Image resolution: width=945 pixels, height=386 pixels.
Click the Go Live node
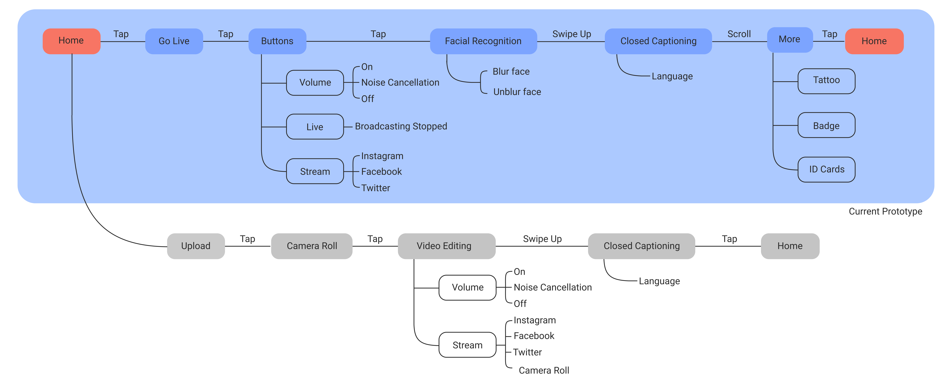click(x=174, y=41)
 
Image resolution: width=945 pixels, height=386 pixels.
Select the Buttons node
click(x=277, y=41)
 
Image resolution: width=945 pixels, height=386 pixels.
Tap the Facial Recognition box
click(x=483, y=41)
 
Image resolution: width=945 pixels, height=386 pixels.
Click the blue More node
click(x=790, y=40)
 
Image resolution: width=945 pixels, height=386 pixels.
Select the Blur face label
click(x=511, y=71)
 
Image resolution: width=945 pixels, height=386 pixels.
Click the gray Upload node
click(x=196, y=246)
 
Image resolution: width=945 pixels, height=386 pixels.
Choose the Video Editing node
click(x=446, y=246)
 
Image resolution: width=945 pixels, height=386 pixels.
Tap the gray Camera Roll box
click(x=312, y=246)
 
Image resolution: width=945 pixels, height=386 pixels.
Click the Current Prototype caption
click(x=885, y=212)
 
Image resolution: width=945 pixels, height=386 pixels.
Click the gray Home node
click(x=790, y=246)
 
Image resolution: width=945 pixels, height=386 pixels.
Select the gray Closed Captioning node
click(x=642, y=246)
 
